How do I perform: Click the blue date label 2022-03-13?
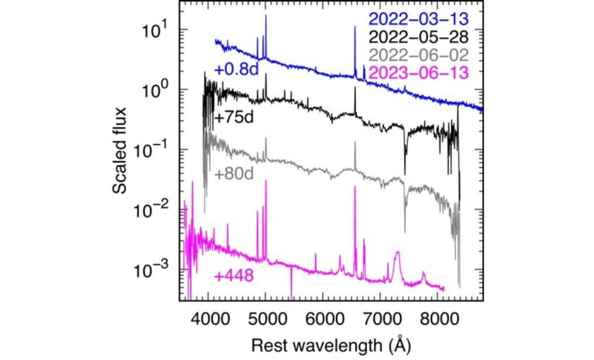418,20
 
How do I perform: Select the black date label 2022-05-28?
418,38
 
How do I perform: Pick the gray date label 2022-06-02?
418,55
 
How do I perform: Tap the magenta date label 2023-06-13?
418,72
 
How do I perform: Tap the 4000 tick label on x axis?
208,315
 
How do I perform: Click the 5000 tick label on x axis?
265,315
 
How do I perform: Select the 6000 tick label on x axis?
323,315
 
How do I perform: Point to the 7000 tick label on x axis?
380,315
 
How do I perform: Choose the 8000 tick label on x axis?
438,315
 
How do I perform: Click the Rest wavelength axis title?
330,343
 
